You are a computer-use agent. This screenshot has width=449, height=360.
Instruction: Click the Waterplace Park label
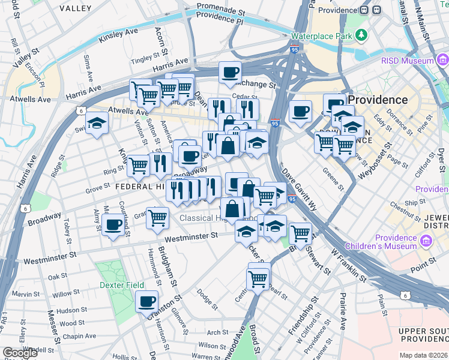pyautogui.click(x=321, y=36)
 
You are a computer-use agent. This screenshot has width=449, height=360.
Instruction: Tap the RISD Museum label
pyautogui.click(x=407, y=61)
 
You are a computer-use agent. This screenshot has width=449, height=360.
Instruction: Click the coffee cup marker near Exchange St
pyautogui.click(x=230, y=73)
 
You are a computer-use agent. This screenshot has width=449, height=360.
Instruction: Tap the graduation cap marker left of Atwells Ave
pyautogui.click(x=96, y=124)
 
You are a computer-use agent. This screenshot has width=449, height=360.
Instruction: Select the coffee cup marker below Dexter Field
pyautogui.click(x=146, y=302)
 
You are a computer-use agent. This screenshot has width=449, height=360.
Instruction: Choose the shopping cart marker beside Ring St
pyautogui.click(x=138, y=166)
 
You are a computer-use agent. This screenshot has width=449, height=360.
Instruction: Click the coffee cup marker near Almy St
pyautogui.click(x=112, y=226)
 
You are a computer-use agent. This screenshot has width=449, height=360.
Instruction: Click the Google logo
pyautogui.click(x=20, y=353)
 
